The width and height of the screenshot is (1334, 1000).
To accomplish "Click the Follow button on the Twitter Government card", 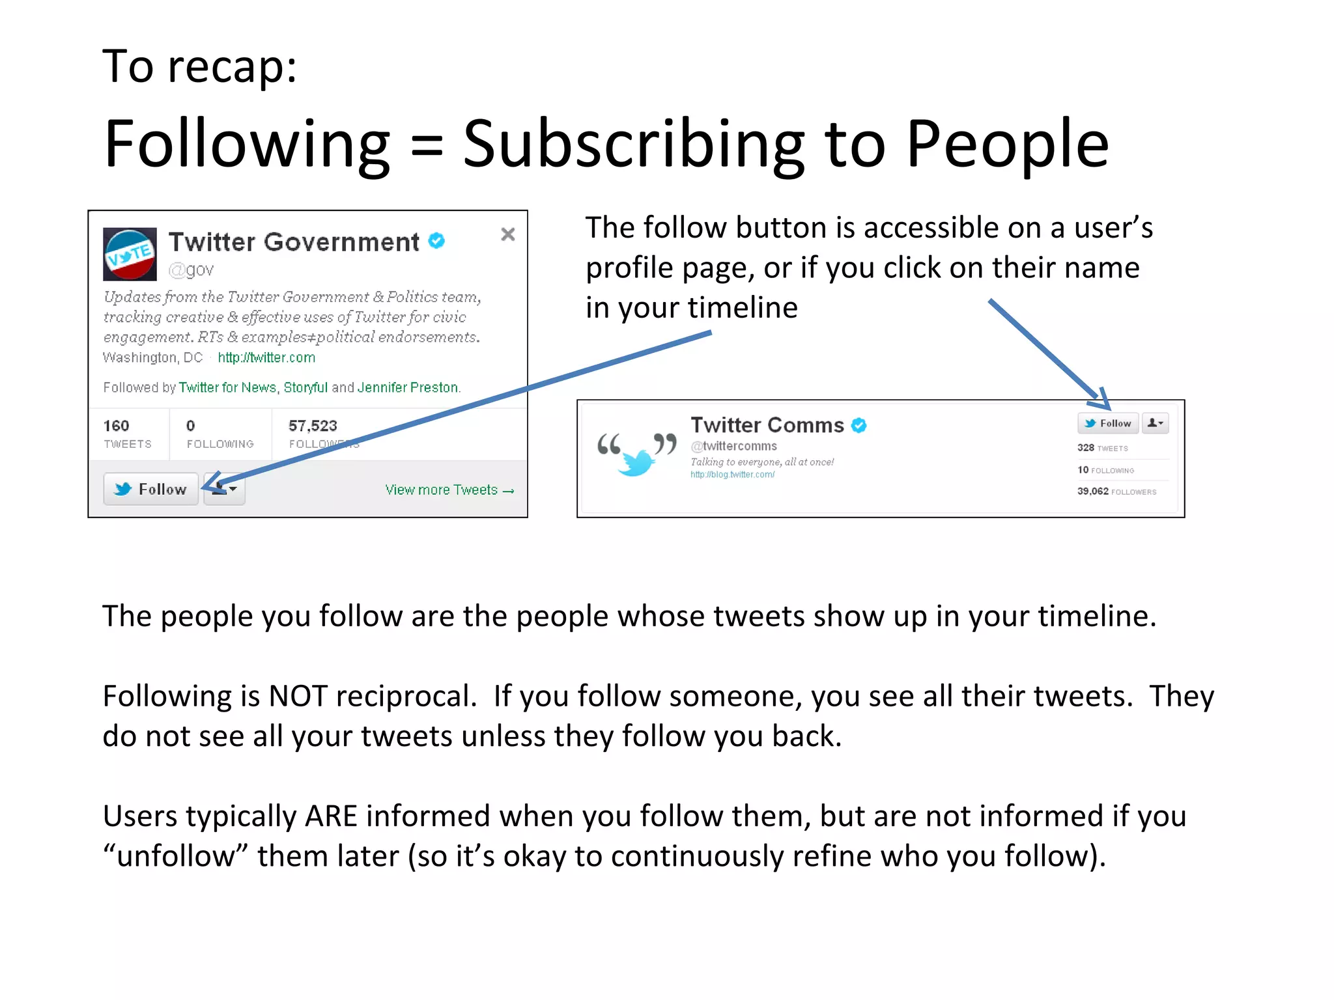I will pos(150,489).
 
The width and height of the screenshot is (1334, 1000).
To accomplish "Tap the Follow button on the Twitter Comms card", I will pos(1107,423).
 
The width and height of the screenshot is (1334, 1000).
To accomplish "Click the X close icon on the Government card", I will pos(508,234).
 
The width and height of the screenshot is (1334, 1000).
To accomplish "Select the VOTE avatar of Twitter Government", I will pos(130,254).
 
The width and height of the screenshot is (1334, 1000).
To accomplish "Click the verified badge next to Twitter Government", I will pos(436,241).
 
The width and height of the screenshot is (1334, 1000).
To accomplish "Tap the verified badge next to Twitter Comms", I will pos(859,425).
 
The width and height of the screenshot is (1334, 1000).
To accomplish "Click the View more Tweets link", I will pos(449,490).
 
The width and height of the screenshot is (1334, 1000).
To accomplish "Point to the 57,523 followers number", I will pos(313,426).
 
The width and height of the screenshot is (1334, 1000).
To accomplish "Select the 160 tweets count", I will pos(116,426).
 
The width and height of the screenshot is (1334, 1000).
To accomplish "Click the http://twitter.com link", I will pos(266,357).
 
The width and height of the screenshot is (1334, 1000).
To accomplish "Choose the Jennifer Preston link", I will pos(408,387).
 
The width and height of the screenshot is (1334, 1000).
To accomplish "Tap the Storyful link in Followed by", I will pos(305,387).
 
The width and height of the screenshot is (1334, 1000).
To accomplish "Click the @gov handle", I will pos(191,270).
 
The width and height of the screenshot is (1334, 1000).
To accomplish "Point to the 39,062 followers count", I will pos(1092,491).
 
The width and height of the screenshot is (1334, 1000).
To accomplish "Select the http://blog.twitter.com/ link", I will pos(733,475).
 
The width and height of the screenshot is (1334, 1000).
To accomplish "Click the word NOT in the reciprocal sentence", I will pos(298,696).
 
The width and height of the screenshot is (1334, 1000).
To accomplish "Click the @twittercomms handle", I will pos(734,446).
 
